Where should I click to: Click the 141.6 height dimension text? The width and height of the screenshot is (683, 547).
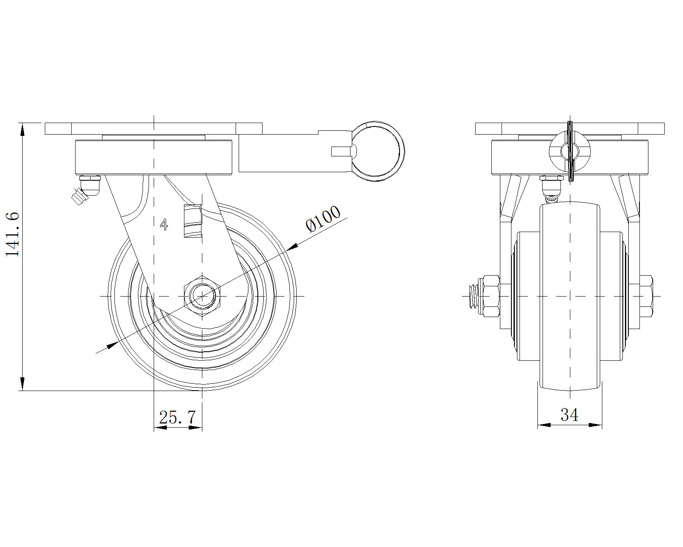point(13,234)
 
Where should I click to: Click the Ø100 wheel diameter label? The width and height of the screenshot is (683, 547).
point(324,218)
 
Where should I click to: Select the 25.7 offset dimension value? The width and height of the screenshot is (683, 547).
point(177,417)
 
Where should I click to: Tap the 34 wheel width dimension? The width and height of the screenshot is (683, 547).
point(569,415)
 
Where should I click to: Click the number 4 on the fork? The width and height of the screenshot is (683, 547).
point(164,224)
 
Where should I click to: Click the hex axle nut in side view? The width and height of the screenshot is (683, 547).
point(202,296)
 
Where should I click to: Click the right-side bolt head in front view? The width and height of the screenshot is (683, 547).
point(646,296)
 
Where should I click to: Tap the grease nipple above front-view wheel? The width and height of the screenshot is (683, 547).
point(550,188)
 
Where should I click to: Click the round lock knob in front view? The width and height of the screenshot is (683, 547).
point(569,152)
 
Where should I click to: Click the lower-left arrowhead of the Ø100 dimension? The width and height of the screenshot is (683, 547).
point(112,345)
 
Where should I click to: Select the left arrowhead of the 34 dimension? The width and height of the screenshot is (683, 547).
point(544,425)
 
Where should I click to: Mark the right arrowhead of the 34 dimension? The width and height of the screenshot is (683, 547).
point(595,425)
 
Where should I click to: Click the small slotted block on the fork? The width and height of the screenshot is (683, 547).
point(192,221)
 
